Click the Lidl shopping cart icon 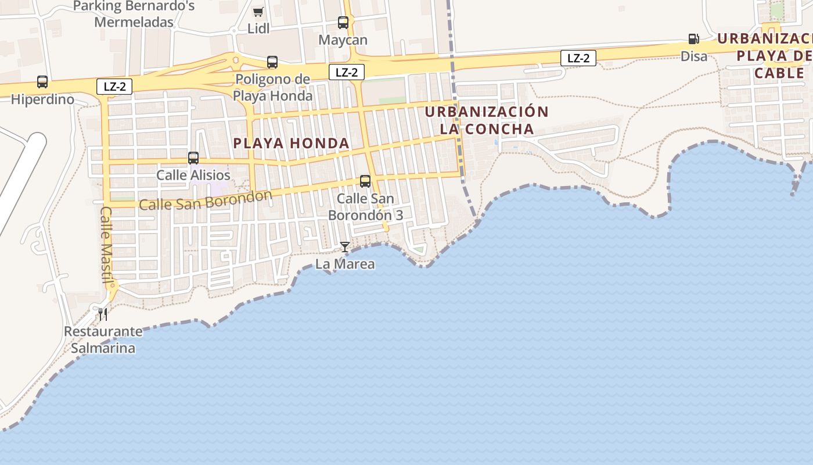point(258,12)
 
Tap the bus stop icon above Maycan point(343,23)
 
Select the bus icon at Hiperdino point(42,82)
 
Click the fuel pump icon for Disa point(693,39)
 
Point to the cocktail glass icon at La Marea point(345,247)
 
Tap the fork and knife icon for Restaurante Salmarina point(103,314)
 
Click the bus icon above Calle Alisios point(193,158)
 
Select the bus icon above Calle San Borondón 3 point(365,181)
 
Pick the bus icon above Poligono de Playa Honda point(272,62)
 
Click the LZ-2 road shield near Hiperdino point(115,87)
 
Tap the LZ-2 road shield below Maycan point(347,72)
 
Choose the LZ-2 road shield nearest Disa point(578,58)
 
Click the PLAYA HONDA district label point(291,143)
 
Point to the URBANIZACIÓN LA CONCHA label point(486,120)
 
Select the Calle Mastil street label point(107,245)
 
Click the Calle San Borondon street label point(206,200)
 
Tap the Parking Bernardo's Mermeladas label point(134,14)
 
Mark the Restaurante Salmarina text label point(103,340)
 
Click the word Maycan point(343,40)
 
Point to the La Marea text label point(345,264)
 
